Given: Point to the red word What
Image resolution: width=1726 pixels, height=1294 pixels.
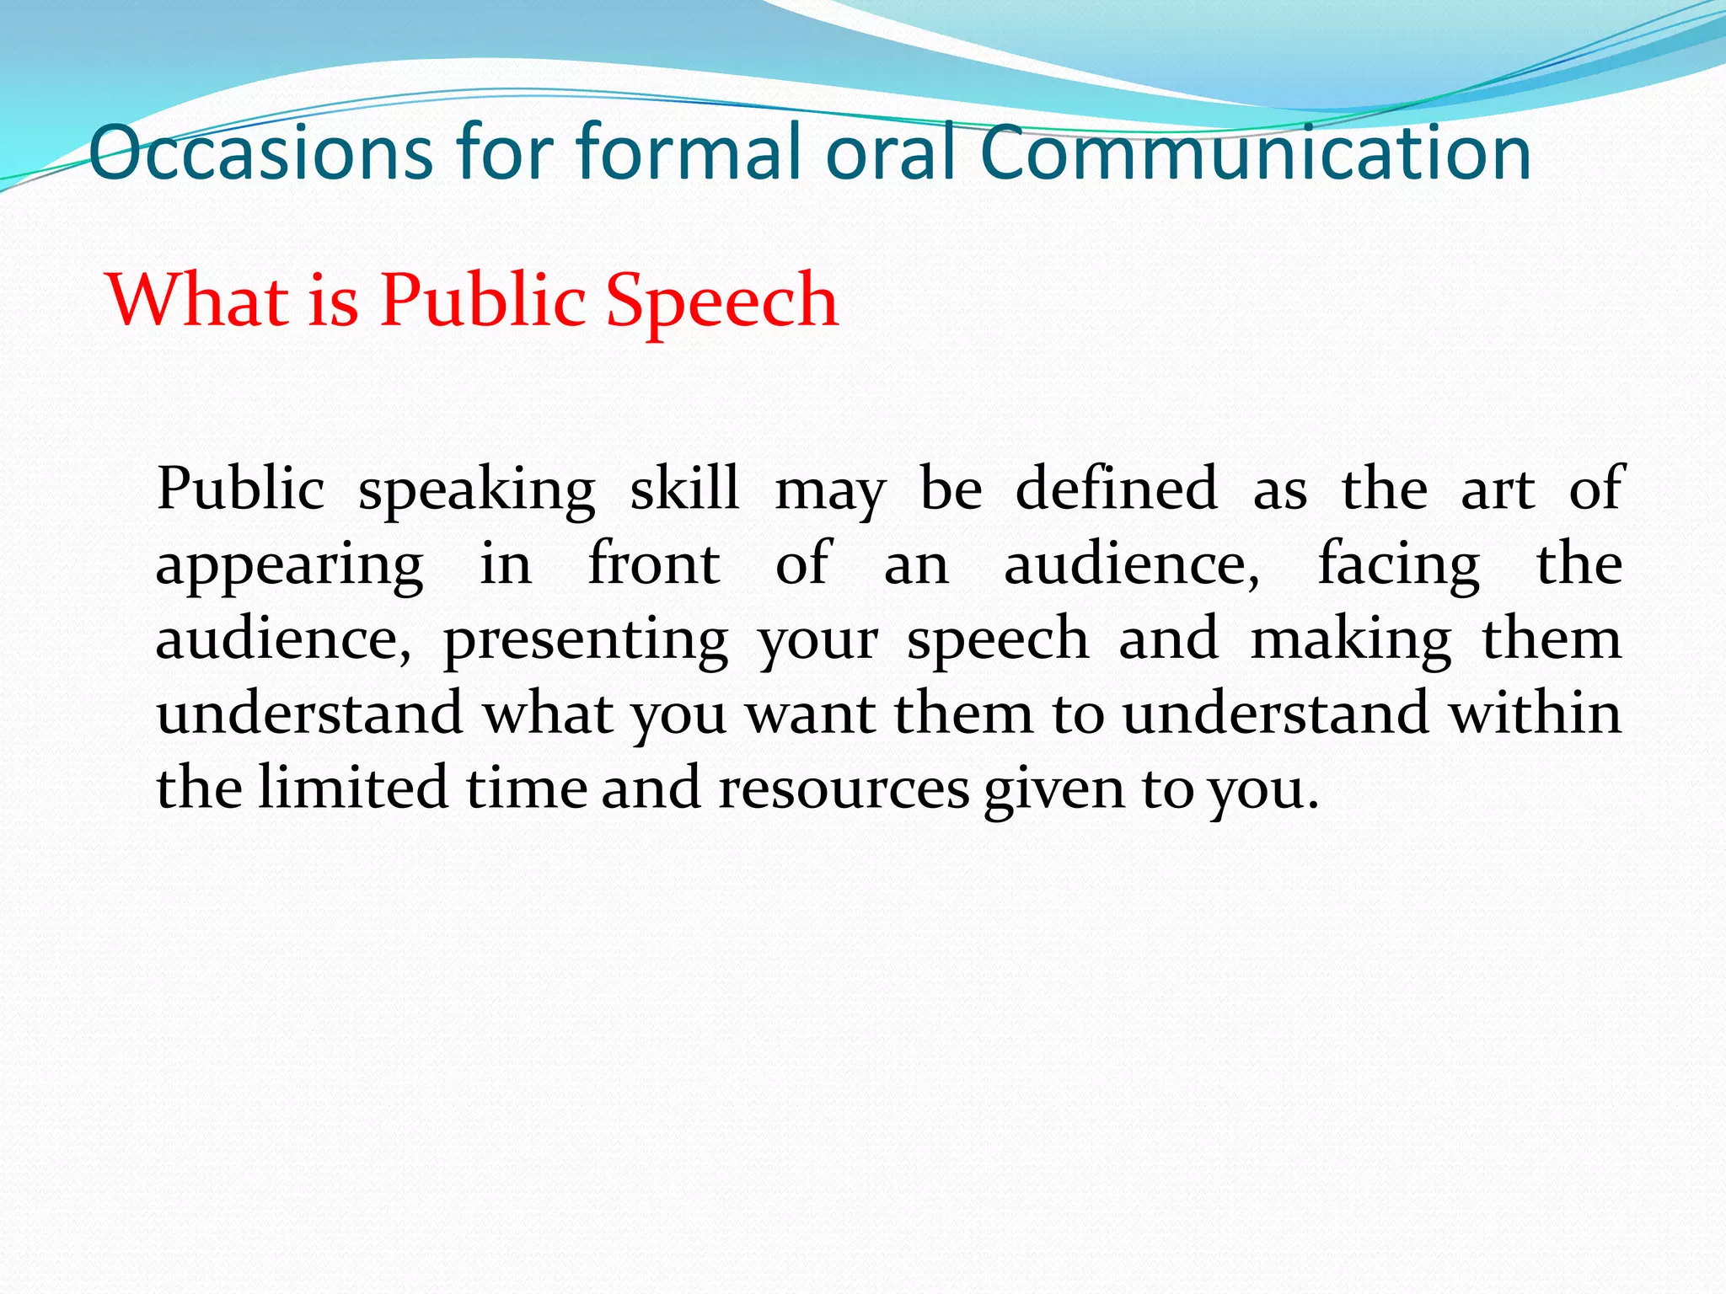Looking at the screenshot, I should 199,300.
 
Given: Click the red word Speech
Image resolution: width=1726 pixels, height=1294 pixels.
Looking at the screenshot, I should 722,302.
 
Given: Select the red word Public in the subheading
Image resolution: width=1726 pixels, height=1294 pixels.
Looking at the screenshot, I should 483,300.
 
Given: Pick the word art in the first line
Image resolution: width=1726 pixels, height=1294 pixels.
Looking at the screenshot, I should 1498,490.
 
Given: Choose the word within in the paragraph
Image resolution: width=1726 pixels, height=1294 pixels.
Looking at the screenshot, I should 1535,714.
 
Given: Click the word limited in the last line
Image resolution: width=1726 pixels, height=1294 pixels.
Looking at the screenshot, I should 352,788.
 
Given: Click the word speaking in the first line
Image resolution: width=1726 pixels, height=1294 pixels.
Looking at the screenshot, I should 477,491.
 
